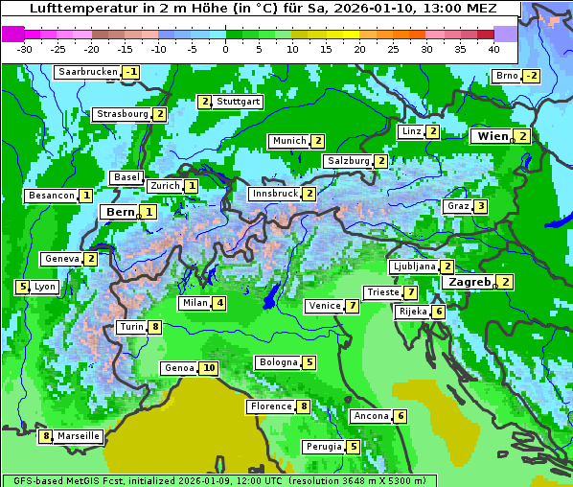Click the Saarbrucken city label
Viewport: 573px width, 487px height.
87,72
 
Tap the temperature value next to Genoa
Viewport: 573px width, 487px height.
209,368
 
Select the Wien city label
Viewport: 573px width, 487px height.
492,136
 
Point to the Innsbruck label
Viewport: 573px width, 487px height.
273,194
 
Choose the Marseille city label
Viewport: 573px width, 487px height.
78,436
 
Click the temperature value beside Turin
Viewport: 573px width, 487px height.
155,327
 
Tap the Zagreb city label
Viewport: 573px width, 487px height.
469,282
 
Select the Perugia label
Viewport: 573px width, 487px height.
323,447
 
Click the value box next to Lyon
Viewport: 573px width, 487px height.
22,287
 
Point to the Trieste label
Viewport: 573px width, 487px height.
381,292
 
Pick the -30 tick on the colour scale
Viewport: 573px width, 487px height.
25,49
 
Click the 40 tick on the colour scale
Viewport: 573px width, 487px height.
493,49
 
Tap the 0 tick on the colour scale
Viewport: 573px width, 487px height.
225,49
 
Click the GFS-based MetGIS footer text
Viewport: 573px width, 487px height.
62,480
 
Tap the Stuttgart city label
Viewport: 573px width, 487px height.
238,102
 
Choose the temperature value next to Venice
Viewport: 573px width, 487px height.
353,306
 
